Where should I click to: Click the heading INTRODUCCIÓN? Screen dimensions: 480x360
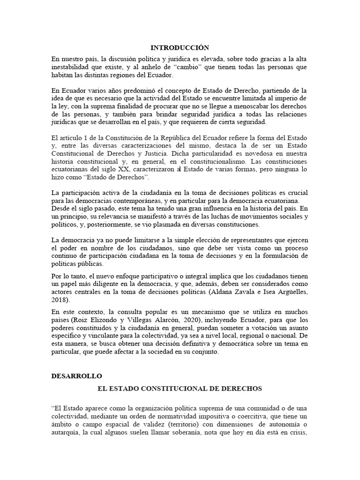pos(180,47)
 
